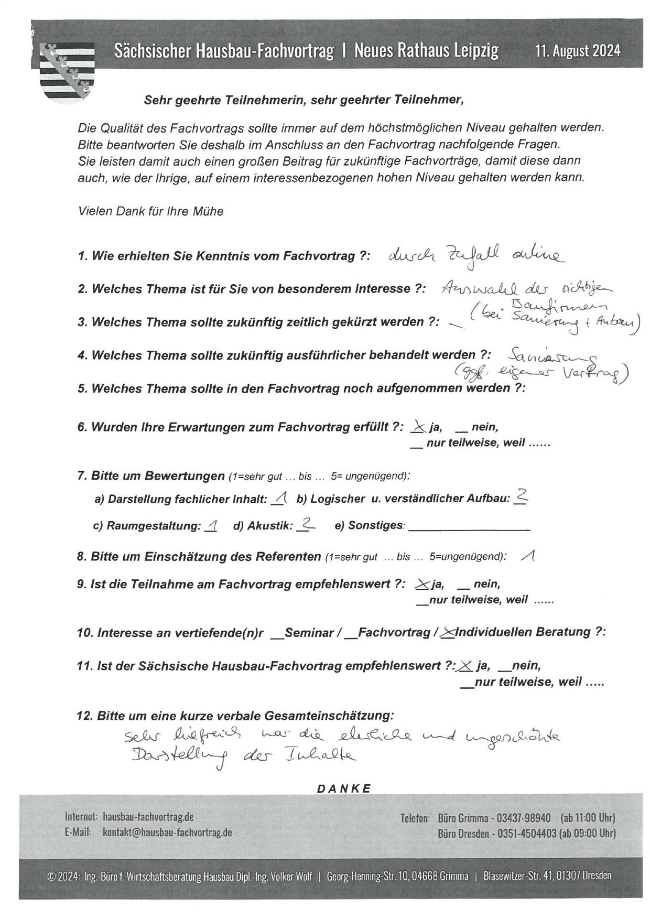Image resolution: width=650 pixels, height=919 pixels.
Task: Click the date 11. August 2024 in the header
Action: click(x=578, y=51)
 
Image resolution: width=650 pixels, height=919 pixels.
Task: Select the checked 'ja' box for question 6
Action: click(x=417, y=427)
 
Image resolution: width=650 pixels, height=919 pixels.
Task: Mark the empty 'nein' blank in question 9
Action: click(x=464, y=586)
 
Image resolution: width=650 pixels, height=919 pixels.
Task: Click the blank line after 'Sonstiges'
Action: click(x=469, y=527)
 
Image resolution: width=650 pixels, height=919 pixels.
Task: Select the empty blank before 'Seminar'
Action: click(x=277, y=635)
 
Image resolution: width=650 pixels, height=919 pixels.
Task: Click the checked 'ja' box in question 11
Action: click(x=464, y=666)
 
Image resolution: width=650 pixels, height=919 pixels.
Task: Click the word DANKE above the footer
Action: click(x=344, y=788)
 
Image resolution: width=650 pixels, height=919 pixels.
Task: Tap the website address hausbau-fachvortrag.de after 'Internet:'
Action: click(x=148, y=817)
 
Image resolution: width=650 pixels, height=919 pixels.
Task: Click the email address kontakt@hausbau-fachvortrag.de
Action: click(x=167, y=832)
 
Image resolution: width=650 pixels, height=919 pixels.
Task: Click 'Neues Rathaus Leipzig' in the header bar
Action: click(x=426, y=51)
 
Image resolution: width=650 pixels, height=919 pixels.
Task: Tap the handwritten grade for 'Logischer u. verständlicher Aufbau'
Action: click(x=521, y=497)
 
